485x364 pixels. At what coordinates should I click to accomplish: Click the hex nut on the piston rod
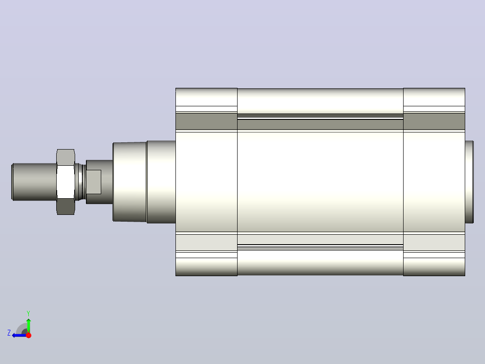(66, 182)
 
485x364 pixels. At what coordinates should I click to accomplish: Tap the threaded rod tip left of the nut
(34, 182)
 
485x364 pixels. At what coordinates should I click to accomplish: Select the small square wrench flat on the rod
(94, 182)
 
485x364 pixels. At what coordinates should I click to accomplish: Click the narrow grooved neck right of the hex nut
(81, 182)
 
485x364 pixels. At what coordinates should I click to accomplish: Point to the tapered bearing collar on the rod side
(130, 182)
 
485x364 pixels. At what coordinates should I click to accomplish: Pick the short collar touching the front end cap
(161, 182)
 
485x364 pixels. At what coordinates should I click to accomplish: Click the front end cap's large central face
(207, 182)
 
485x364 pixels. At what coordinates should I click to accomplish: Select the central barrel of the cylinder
(320, 182)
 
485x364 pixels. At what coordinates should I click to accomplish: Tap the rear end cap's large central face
(434, 182)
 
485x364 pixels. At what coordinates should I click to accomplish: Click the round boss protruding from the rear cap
(469, 182)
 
